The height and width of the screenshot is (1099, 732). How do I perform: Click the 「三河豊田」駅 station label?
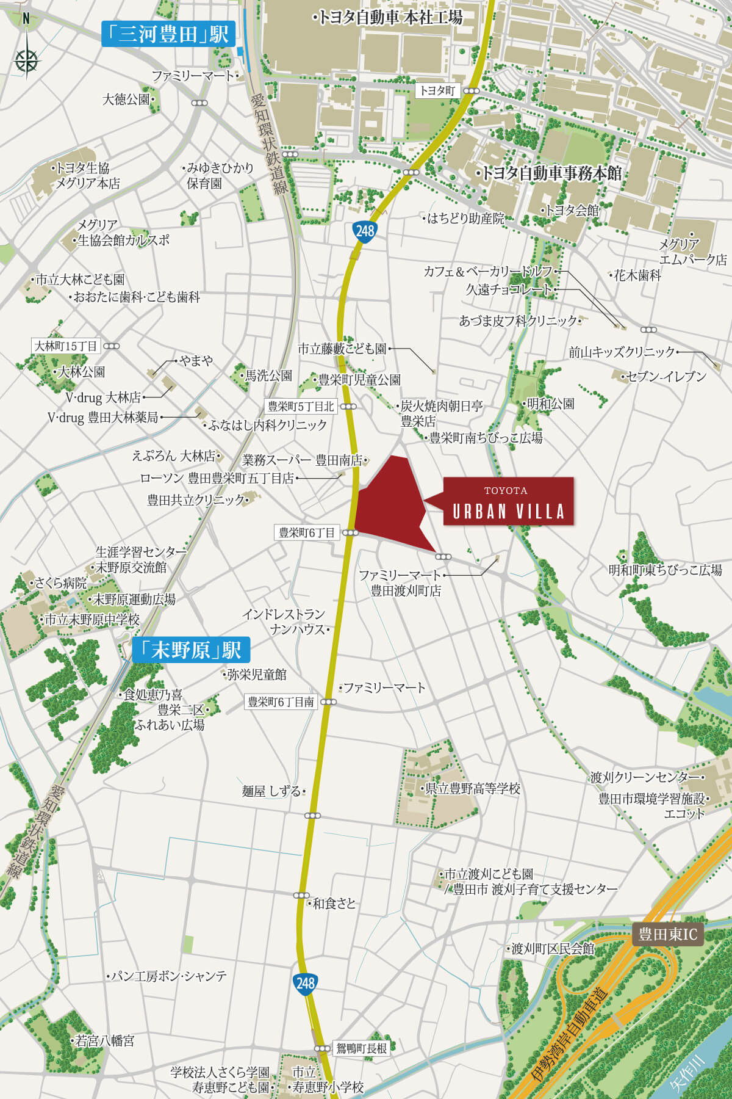[x=168, y=34]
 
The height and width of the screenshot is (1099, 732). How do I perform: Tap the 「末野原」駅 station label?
[x=191, y=650]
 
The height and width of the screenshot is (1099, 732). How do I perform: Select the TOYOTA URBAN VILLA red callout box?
[x=508, y=501]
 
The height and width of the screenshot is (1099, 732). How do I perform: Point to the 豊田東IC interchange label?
[x=667, y=934]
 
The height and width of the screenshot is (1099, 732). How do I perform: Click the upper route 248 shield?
[x=365, y=231]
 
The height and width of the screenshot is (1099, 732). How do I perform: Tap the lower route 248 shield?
[x=305, y=983]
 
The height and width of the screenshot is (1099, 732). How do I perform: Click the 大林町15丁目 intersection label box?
[x=66, y=346]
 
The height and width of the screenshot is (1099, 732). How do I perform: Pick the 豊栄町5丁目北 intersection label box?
[x=301, y=406]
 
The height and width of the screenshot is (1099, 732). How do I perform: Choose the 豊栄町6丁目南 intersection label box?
[x=281, y=702]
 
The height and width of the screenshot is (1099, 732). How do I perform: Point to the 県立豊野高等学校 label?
[x=472, y=789]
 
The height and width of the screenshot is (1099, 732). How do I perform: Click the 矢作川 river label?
[x=687, y=1075]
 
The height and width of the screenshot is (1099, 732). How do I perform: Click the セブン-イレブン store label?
[x=666, y=377]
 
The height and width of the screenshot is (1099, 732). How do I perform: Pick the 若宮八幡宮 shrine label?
[x=104, y=1040]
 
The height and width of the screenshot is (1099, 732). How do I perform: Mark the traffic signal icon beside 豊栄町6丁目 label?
[x=350, y=533]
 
